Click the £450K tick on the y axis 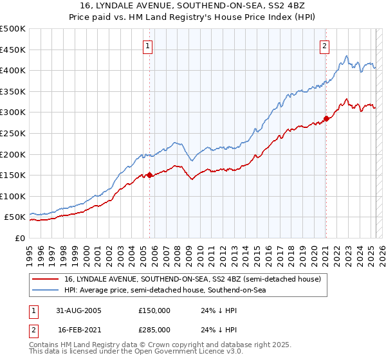click(x=14, y=50)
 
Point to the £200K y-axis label click(x=14, y=154)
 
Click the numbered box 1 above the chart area click(x=148, y=46)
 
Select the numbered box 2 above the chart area click(x=325, y=46)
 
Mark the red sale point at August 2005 click(x=150, y=175)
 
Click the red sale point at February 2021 click(x=326, y=118)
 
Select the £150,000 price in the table click(x=154, y=310)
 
